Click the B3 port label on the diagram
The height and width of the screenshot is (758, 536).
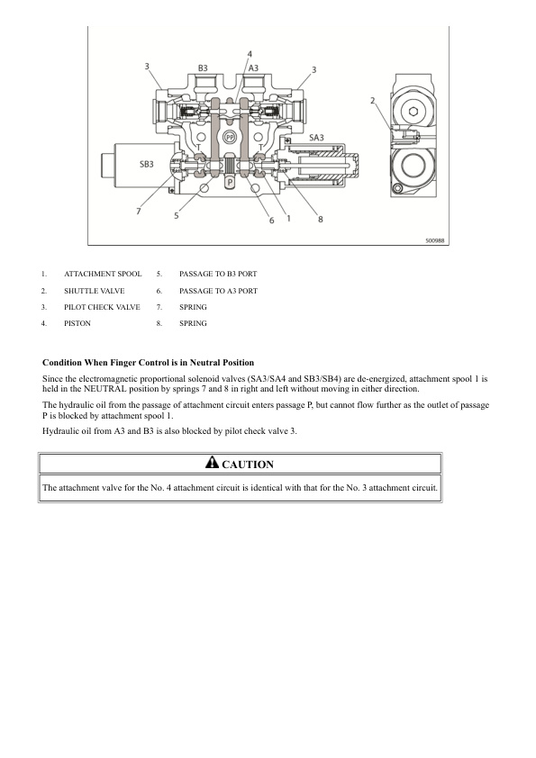[x=203, y=68]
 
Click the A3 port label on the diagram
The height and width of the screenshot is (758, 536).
[x=253, y=68]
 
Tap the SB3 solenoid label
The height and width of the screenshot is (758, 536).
[x=147, y=164]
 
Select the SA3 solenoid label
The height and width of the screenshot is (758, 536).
[x=316, y=138]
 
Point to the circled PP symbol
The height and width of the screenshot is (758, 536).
[x=230, y=138]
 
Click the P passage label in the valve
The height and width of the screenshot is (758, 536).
[x=231, y=182]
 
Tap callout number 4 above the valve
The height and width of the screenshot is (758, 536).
[x=250, y=54]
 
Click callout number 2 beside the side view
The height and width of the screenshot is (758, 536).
[x=372, y=101]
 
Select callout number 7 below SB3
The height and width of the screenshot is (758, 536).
[x=139, y=211]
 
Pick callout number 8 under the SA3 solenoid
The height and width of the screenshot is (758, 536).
[x=320, y=220]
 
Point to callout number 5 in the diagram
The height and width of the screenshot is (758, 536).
[x=176, y=215]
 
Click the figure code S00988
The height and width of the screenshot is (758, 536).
[x=435, y=240]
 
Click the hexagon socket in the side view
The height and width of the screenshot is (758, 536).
[x=413, y=112]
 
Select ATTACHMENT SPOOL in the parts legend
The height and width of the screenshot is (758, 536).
[x=103, y=274]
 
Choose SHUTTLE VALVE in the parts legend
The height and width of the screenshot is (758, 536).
[x=95, y=291]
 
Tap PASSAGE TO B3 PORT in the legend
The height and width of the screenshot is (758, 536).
[x=218, y=274]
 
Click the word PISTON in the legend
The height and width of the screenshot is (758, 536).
[x=77, y=323]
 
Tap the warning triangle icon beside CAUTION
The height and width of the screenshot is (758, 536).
[x=212, y=463]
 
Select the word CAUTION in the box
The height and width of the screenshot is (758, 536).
[x=248, y=465]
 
